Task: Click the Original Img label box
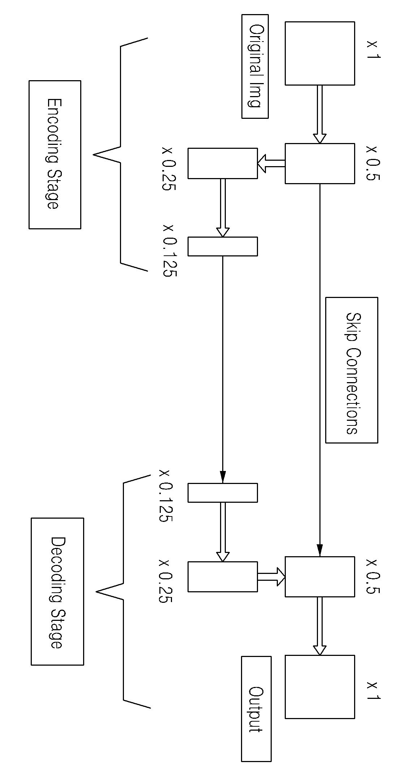255,66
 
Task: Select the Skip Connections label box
352,370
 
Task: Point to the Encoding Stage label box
55,155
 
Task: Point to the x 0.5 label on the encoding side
373,163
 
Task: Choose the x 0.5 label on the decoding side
373,576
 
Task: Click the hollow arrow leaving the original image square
320,114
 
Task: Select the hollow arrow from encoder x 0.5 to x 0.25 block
271,164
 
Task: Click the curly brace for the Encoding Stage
121,154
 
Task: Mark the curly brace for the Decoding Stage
124,591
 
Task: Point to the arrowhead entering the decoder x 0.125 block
223,477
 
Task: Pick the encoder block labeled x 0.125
223,246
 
